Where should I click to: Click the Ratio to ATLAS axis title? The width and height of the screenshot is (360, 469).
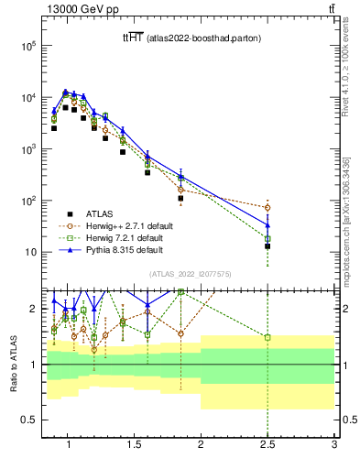tap(12, 363)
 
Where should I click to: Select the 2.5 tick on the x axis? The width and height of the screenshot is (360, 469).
tap(267, 446)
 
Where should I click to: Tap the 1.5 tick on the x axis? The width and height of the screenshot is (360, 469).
tap(134, 446)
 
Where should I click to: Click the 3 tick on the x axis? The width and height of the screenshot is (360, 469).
tap(334, 446)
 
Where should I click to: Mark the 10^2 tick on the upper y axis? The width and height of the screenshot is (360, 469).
tap(28, 201)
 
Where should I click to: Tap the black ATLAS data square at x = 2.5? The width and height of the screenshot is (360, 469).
tap(267, 246)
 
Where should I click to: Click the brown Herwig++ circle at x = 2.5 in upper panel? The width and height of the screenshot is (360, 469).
tap(267, 208)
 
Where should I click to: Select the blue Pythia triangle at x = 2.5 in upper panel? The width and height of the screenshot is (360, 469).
tap(267, 224)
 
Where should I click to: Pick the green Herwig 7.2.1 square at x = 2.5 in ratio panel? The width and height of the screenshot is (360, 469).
tap(267, 337)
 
